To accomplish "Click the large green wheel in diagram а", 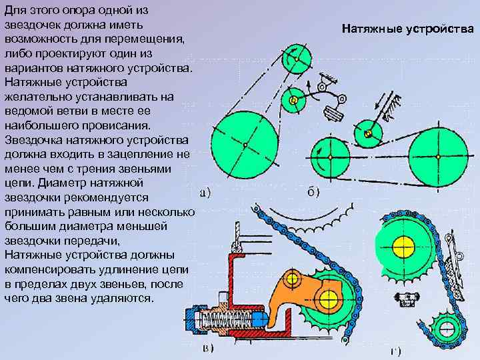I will tap(245, 143).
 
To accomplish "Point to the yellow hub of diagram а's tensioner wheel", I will tap(293, 101).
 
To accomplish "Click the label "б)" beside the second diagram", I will tap(313, 193).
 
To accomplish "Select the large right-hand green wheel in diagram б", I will tap(438, 155).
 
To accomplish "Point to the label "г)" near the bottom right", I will tap(395, 351).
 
